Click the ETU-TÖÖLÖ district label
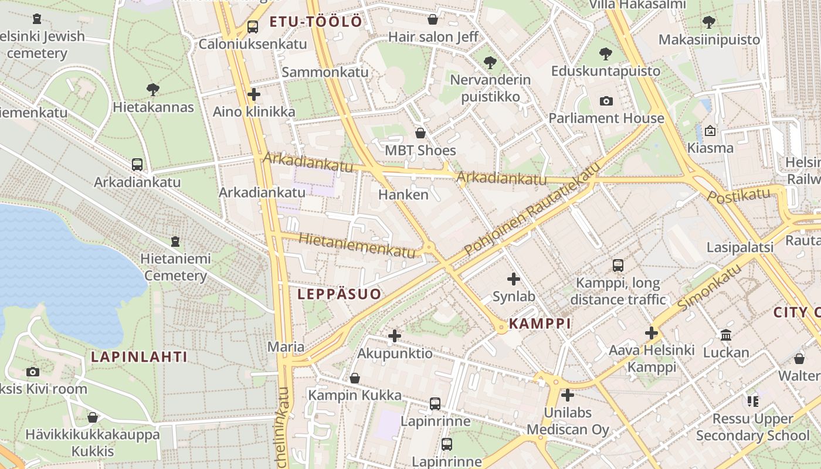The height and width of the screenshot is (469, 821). (315, 22)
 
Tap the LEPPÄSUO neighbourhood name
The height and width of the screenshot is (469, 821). (340, 294)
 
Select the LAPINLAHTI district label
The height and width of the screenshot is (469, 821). (140, 356)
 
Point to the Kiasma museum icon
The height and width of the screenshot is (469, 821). (710, 131)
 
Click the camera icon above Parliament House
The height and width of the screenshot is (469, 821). (606, 101)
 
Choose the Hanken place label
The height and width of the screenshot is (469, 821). (403, 194)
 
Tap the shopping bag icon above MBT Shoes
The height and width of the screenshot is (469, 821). (420, 134)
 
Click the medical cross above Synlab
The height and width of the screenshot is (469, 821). (514, 279)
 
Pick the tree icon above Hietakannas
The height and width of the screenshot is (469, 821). (153, 90)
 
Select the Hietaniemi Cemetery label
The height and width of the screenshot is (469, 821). (175, 267)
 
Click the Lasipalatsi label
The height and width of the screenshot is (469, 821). (740, 247)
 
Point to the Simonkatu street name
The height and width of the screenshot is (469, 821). (709, 287)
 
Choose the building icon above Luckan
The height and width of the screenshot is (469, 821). (726, 335)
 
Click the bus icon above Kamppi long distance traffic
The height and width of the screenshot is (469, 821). (618, 266)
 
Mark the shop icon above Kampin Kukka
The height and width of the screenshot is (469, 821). (355, 378)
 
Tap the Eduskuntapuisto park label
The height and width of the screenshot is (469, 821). (606, 71)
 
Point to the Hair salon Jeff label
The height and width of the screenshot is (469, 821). (433, 37)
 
